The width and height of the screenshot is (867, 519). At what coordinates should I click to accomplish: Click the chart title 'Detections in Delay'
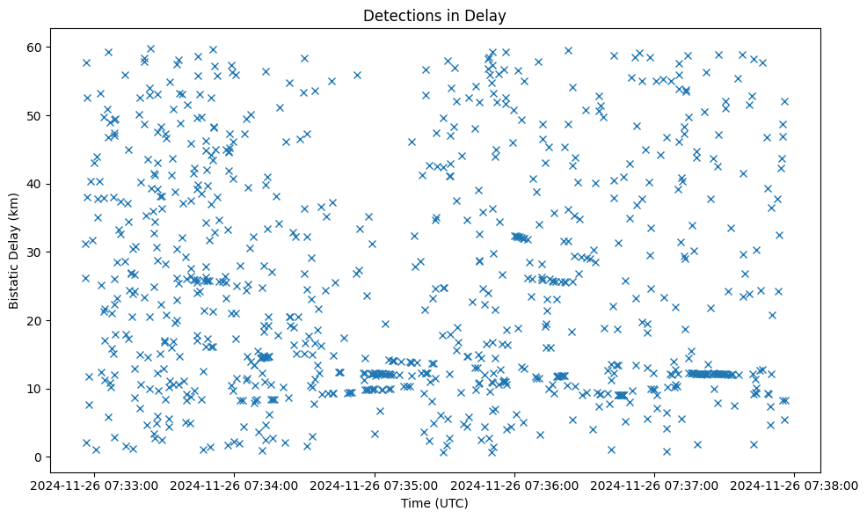pos(434,15)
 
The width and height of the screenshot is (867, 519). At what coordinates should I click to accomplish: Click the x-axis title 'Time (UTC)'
pos(434,503)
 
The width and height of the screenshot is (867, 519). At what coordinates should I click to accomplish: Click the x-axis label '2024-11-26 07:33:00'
pos(96,486)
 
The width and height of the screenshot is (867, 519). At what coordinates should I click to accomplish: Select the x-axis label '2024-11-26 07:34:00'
pos(236,486)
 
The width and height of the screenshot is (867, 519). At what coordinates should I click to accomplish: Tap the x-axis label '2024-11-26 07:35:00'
pos(375,486)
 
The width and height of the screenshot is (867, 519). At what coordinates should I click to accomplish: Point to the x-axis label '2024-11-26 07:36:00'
pos(515,486)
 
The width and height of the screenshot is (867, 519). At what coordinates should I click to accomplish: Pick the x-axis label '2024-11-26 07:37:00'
pos(655,486)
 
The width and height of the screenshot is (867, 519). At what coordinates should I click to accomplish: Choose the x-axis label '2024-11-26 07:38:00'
pos(795,486)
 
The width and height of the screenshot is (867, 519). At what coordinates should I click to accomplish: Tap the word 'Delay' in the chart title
pos(489,15)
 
